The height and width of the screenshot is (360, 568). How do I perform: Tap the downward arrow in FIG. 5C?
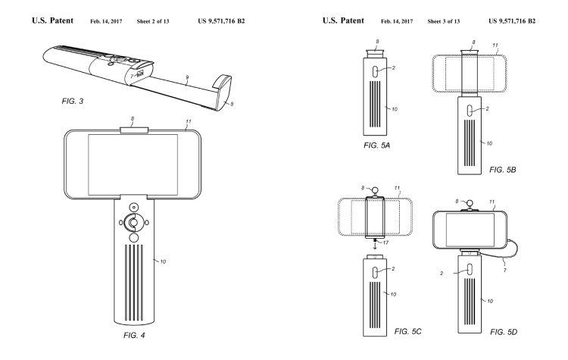point(376,243)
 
